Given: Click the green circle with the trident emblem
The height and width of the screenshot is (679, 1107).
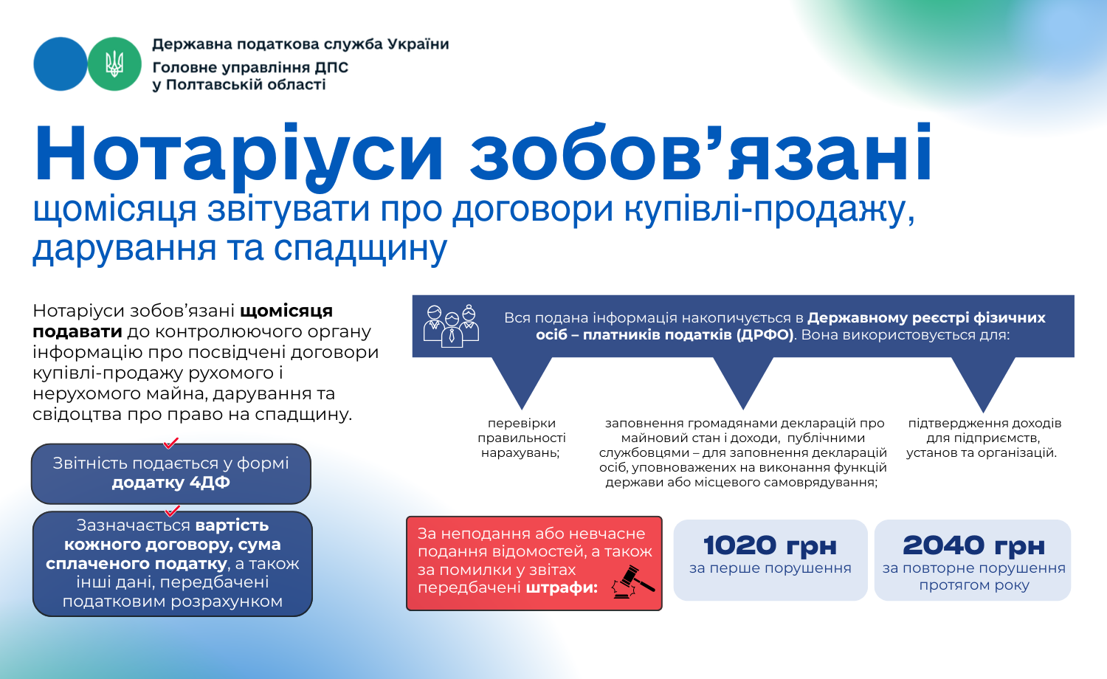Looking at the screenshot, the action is [x=114, y=64].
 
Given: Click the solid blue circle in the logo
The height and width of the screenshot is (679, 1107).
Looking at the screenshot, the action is [x=61, y=64].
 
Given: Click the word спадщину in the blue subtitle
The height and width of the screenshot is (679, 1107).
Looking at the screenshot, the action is [x=360, y=249].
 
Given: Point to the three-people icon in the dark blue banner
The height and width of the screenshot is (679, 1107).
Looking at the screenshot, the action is [x=451, y=325].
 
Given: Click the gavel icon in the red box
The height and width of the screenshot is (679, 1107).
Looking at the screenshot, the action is [x=632, y=582].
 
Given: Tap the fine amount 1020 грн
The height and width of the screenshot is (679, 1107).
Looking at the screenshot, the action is [x=770, y=545].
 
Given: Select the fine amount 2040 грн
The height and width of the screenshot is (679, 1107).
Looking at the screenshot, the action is [x=973, y=545].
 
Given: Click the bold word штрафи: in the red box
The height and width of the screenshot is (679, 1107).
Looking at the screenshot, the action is [x=562, y=587].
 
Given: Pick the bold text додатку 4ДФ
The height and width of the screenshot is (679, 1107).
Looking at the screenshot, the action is [x=171, y=483].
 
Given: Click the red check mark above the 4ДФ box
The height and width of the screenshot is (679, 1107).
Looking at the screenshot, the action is [x=171, y=443].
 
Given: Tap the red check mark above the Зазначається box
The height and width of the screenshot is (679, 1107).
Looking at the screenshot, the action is [x=172, y=511].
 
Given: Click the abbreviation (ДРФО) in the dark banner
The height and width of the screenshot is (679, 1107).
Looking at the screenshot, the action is [x=765, y=335].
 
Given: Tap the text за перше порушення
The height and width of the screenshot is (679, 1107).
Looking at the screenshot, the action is [x=770, y=568].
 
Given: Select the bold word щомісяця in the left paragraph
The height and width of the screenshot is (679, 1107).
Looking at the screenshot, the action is [x=286, y=311].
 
